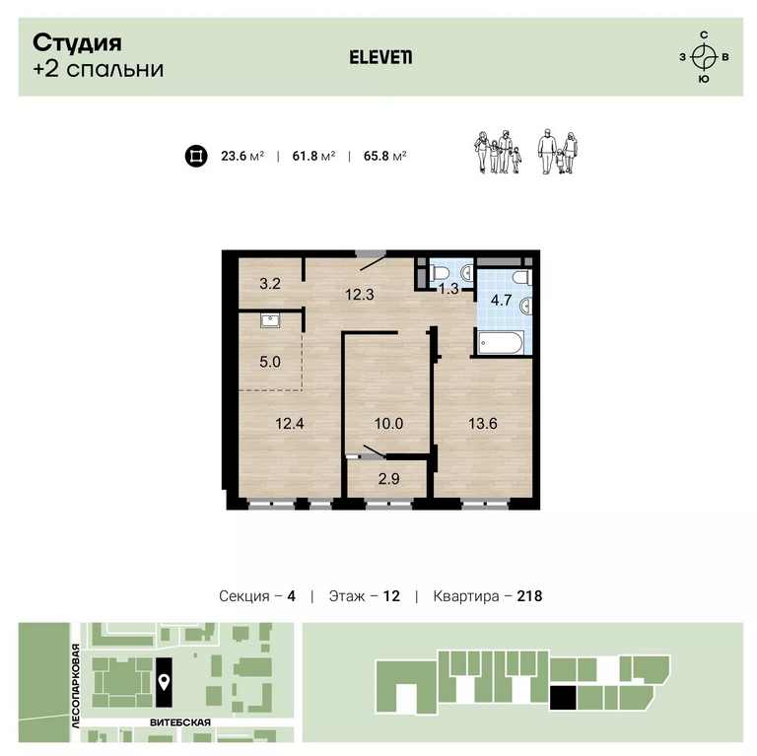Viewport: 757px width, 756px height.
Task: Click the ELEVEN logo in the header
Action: pyautogui.click(x=380, y=57)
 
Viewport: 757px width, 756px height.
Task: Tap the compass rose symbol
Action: pyautogui.click(x=704, y=57)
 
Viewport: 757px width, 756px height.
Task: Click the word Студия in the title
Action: pyautogui.click(x=77, y=43)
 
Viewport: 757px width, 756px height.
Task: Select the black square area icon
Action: pyautogui.click(x=196, y=156)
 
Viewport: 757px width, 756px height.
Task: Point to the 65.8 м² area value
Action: pyautogui.click(x=384, y=156)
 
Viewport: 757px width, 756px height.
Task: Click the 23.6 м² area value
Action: pyautogui.click(x=242, y=156)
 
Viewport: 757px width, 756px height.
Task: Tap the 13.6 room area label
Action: pyautogui.click(x=482, y=424)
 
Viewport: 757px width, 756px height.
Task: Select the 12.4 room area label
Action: pyautogui.click(x=290, y=424)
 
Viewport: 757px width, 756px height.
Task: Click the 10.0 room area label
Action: pyautogui.click(x=388, y=424)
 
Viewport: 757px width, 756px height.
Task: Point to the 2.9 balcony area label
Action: pyautogui.click(x=388, y=478)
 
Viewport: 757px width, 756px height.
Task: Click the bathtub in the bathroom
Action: pyautogui.click(x=500, y=343)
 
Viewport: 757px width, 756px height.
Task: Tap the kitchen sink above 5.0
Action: pyautogui.click(x=270, y=320)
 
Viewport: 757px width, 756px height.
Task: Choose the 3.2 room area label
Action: pyautogui.click(x=270, y=284)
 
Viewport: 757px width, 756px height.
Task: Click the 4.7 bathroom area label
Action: pyautogui.click(x=501, y=300)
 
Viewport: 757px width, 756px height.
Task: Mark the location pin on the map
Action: pyautogui.click(x=165, y=682)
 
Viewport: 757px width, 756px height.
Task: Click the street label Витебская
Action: pyautogui.click(x=180, y=722)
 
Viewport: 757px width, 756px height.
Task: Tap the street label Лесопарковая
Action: pyautogui.click(x=75, y=686)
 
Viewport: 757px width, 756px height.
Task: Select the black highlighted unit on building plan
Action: pyautogui.click(x=563, y=698)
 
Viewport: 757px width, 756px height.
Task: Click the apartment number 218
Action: pyautogui.click(x=529, y=596)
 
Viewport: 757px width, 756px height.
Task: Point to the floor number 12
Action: pyautogui.click(x=391, y=596)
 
